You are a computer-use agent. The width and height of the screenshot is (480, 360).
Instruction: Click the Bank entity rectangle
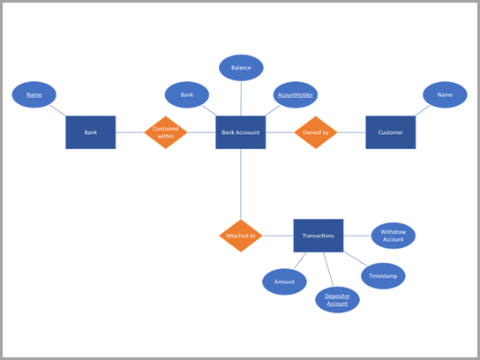point(90,132)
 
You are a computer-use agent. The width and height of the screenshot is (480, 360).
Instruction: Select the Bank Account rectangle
point(241,132)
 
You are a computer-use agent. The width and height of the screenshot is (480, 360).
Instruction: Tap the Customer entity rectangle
point(390,132)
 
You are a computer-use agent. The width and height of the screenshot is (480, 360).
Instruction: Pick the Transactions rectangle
point(318,236)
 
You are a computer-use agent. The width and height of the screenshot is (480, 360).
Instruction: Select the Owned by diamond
point(316,132)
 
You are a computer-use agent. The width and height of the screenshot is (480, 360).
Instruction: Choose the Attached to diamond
point(240,236)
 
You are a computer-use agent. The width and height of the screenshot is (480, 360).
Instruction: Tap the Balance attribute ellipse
point(241,67)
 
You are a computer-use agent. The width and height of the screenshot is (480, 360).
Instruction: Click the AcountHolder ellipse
point(295,94)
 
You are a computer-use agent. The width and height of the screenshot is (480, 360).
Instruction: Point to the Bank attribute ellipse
point(187,94)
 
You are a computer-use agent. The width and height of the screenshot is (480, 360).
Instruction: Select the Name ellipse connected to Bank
point(34,94)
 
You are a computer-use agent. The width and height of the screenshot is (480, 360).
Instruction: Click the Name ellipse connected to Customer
point(445,94)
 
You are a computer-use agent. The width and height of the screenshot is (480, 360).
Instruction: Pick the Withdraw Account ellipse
point(393,236)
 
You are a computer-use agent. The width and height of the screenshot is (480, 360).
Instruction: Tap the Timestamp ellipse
point(383,275)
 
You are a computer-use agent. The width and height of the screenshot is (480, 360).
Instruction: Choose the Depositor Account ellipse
point(337,299)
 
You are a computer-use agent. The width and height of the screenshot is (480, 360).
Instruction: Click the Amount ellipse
point(284,281)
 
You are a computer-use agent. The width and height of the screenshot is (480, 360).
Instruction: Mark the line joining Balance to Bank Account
point(241,98)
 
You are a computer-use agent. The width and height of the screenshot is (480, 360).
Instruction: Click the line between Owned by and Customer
point(351,132)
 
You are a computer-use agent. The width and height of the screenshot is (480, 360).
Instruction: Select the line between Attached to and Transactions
point(278,236)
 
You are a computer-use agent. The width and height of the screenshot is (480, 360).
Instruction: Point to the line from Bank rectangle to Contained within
point(129,132)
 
